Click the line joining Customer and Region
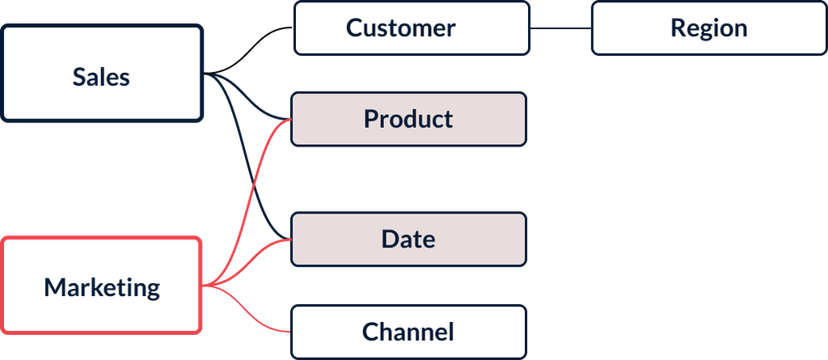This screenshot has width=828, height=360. (x=560, y=29)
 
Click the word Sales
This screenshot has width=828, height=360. (x=101, y=77)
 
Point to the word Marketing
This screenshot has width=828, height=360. (x=102, y=287)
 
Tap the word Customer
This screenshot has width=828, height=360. (x=400, y=28)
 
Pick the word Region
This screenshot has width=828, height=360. (x=708, y=28)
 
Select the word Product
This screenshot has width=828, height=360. (x=408, y=120)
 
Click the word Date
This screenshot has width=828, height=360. (x=408, y=239)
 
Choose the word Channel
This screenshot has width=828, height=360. (x=408, y=332)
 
